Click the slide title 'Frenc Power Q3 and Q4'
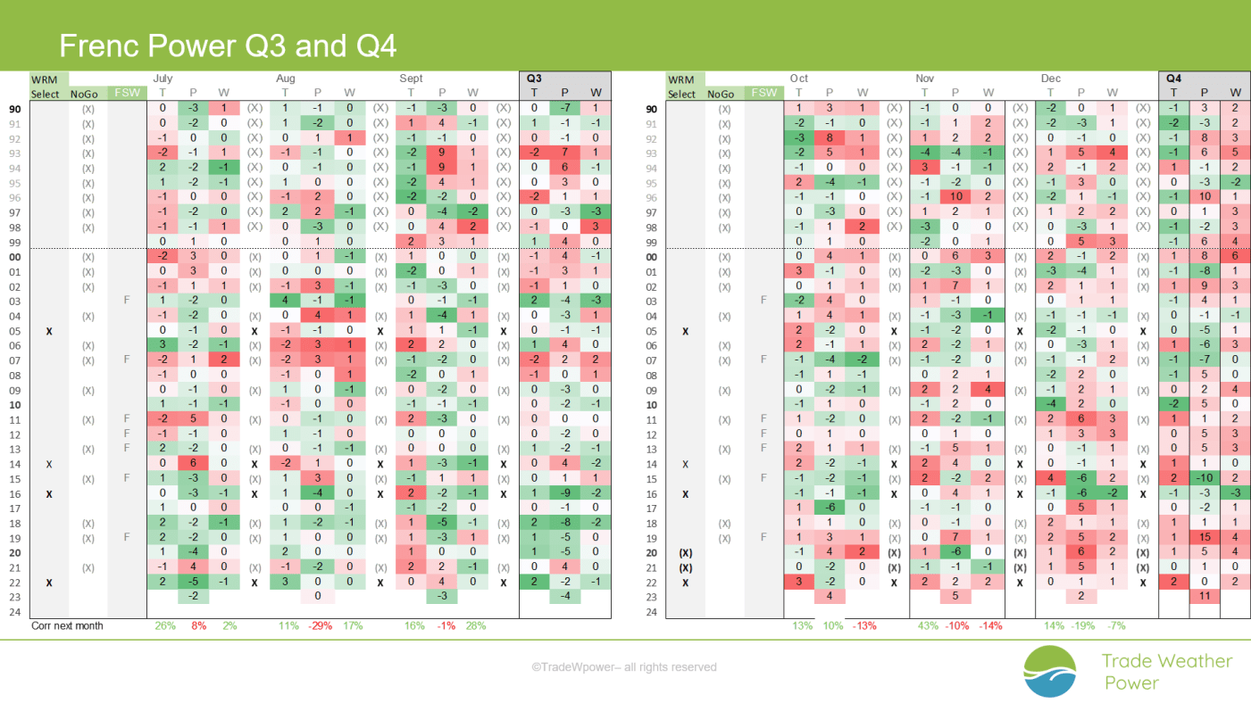228,45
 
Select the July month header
163,79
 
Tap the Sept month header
411,79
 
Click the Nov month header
925,79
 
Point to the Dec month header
1050,79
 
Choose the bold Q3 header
534,79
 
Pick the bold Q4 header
1173,79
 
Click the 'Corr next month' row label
67,626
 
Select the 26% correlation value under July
165,626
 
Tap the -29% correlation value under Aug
320,626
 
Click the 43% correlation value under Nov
928,626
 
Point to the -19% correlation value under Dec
1082,626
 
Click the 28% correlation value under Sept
475,626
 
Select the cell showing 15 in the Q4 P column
1205,537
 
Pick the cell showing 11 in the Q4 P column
1205,596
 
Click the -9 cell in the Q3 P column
564,492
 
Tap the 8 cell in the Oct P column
830,137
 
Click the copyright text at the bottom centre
624,667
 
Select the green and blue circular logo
1050,672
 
